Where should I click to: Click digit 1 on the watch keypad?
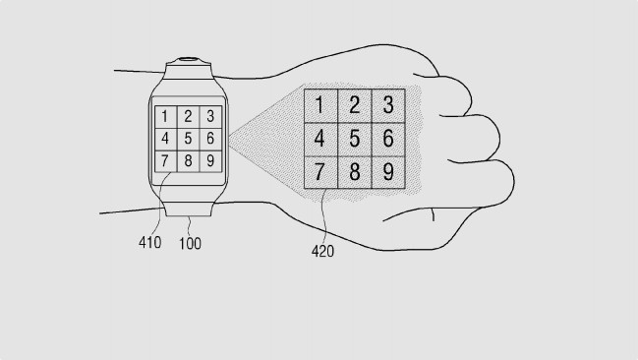click(x=165, y=117)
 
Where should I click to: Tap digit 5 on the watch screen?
click(x=188, y=138)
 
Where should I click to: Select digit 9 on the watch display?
click(x=209, y=159)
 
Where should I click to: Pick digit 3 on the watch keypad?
click(x=209, y=117)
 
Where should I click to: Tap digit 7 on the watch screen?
click(x=165, y=159)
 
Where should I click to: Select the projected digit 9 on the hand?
click(x=388, y=173)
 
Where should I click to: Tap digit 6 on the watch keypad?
click(x=209, y=138)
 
